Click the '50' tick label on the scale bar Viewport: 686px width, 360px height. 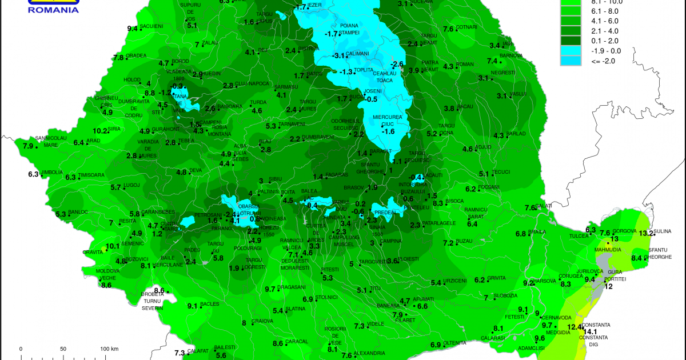tap(63, 349)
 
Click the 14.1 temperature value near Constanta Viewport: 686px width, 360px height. tap(590, 331)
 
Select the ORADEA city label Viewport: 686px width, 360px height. tap(136, 56)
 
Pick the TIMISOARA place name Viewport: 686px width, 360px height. tap(91, 175)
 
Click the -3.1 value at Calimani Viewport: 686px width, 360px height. tap(339, 55)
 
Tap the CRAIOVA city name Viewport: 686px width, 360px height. tap(263, 321)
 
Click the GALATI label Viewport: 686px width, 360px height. tap(547, 206)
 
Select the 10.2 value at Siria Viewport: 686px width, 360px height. tap(101, 130)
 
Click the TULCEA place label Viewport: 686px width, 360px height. tap(578, 235)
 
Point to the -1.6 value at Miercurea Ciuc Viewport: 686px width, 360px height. tap(389, 131)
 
